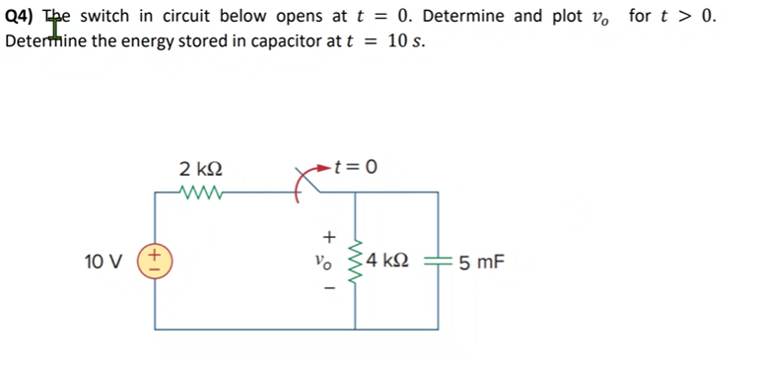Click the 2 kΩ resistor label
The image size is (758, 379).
click(202, 168)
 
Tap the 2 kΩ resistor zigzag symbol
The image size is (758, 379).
click(202, 192)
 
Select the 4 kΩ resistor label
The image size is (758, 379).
click(393, 263)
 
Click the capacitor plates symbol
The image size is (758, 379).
click(439, 263)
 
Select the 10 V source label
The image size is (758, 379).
click(103, 263)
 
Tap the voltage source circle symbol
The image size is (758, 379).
click(154, 263)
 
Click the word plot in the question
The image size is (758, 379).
click(597, 16)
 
